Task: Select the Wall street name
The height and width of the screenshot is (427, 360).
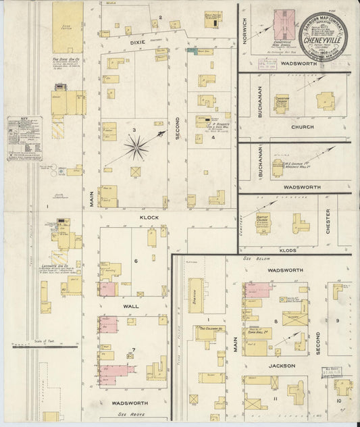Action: click(130, 306)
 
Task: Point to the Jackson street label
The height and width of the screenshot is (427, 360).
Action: click(282, 366)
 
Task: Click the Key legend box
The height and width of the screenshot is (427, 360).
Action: click(24, 139)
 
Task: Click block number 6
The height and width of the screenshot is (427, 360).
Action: click(135, 261)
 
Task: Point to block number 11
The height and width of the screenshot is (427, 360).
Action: click(276, 400)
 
